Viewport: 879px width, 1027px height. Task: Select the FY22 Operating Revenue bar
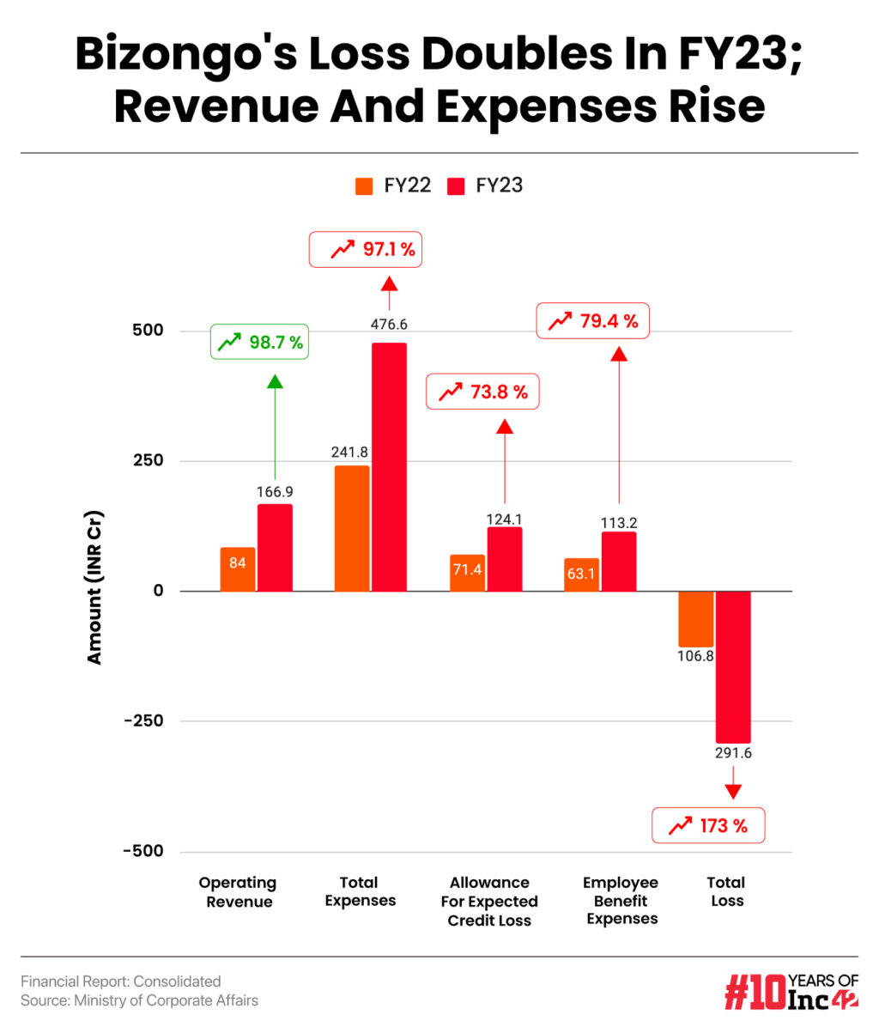pyautogui.click(x=237, y=568)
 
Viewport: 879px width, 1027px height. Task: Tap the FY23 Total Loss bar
pyautogui.click(x=733, y=666)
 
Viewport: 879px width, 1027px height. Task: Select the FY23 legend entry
pyautogui.click(x=486, y=185)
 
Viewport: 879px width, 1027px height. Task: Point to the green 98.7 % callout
pyautogui.click(x=259, y=343)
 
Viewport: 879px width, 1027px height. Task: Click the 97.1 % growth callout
pyautogui.click(x=365, y=250)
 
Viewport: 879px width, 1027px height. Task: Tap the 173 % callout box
pyautogui.click(x=707, y=826)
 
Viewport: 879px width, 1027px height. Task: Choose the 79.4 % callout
pyautogui.click(x=593, y=321)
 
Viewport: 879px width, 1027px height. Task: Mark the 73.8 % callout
pyautogui.click(x=482, y=392)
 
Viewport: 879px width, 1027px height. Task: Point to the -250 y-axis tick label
pyautogui.click(x=142, y=720)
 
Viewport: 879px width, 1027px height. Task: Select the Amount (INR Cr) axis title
pyautogui.click(x=94, y=588)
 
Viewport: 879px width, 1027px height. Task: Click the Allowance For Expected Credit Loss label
pyautogui.click(x=489, y=901)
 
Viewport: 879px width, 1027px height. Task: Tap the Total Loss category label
pyautogui.click(x=726, y=891)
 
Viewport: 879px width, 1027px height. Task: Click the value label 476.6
pyautogui.click(x=389, y=325)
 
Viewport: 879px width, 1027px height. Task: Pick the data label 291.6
pyautogui.click(x=733, y=754)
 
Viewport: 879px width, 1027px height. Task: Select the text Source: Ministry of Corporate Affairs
pyautogui.click(x=139, y=1000)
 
